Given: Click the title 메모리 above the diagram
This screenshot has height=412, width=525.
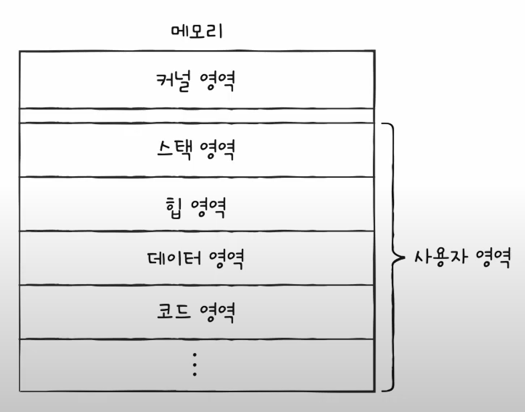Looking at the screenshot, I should click(197, 32).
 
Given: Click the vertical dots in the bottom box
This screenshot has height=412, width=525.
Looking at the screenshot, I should click(195, 365).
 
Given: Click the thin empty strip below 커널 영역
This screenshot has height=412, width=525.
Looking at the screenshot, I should click(197, 115).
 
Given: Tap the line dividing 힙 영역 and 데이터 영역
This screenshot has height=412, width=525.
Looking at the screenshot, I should click(197, 231).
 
